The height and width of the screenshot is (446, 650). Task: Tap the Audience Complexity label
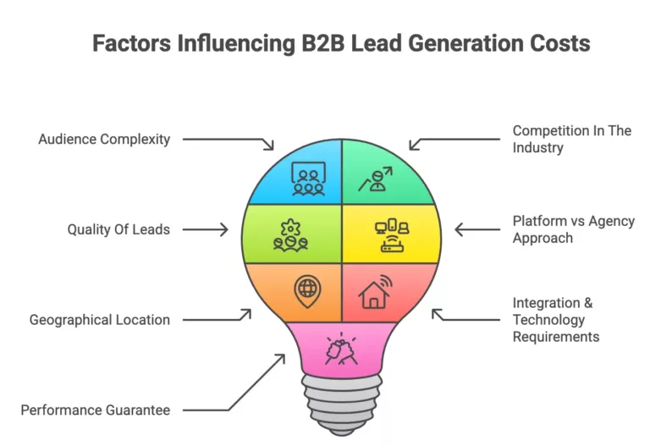click(x=104, y=139)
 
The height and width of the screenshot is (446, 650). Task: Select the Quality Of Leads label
click(x=118, y=229)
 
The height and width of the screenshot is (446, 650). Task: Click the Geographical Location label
click(x=100, y=320)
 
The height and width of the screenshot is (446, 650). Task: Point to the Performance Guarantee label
click(x=96, y=410)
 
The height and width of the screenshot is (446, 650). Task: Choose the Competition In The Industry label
click(x=572, y=139)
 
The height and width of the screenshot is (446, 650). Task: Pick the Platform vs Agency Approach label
click(x=573, y=229)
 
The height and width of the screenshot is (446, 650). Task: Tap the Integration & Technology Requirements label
click(x=556, y=320)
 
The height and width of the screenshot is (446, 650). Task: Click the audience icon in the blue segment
click(x=308, y=178)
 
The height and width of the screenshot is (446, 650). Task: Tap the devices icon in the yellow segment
click(x=391, y=234)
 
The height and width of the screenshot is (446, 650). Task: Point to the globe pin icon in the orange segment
click(x=306, y=290)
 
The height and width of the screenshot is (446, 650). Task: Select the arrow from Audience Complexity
click(x=229, y=140)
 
